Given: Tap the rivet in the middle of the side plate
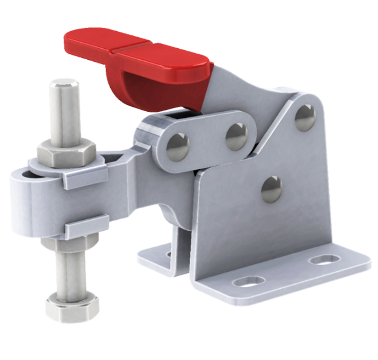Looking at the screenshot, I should click(x=271, y=189).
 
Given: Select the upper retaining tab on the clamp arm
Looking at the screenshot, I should click(x=85, y=177).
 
